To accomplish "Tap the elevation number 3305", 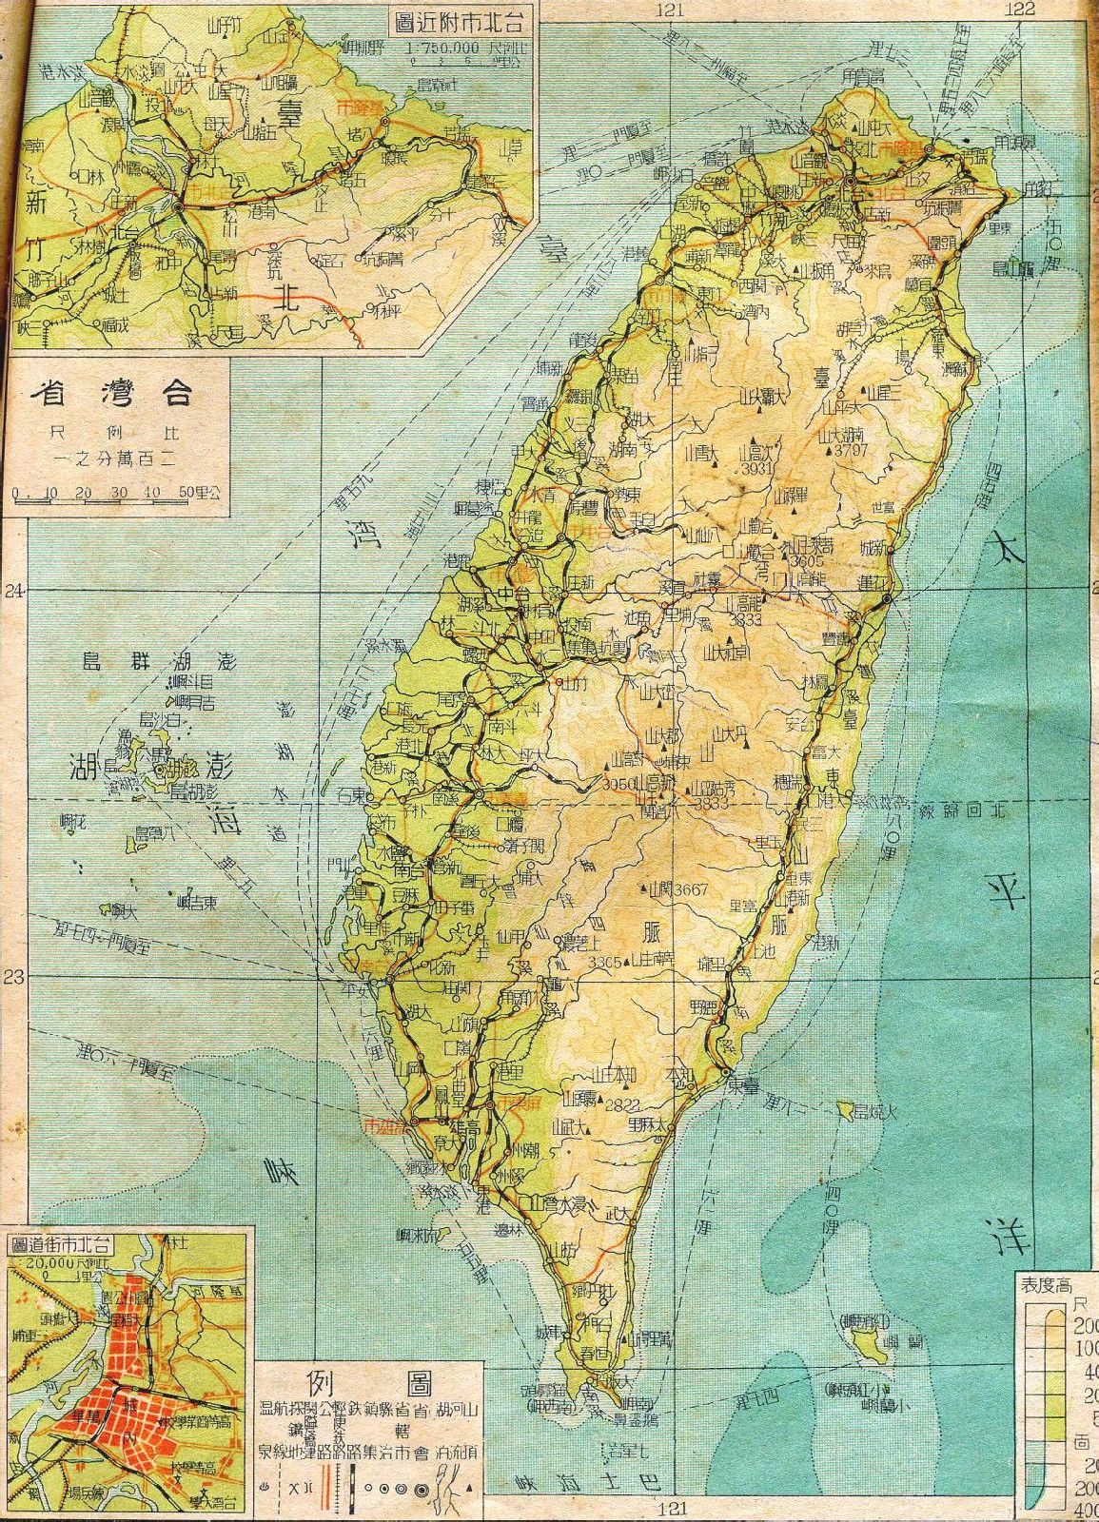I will click(605, 963).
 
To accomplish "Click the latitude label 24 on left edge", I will click(12, 592).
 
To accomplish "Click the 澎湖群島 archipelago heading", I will click(160, 662).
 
